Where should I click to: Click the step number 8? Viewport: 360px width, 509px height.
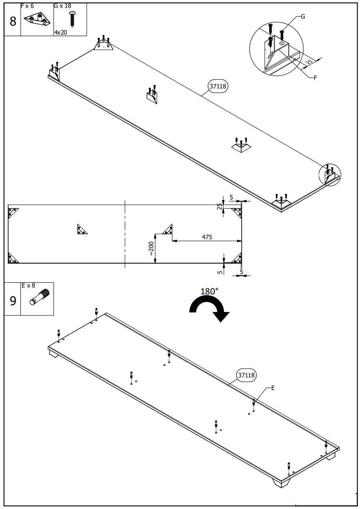[12, 21]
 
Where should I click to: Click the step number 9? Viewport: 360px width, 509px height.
[12, 301]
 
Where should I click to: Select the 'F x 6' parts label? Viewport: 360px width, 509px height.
[27, 6]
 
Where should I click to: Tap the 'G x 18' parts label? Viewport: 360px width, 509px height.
[62, 6]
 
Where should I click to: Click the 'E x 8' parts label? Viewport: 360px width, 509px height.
[28, 286]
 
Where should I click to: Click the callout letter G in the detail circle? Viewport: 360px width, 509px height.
[303, 17]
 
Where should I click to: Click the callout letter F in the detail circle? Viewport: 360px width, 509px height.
[315, 78]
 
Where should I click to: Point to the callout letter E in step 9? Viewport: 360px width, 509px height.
[273, 388]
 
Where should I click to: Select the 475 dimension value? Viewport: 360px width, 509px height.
[207, 237]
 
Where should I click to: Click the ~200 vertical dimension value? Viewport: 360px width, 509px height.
[151, 249]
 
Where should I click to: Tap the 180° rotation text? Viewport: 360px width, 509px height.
[209, 292]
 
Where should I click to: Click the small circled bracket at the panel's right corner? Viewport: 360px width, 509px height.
[330, 174]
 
